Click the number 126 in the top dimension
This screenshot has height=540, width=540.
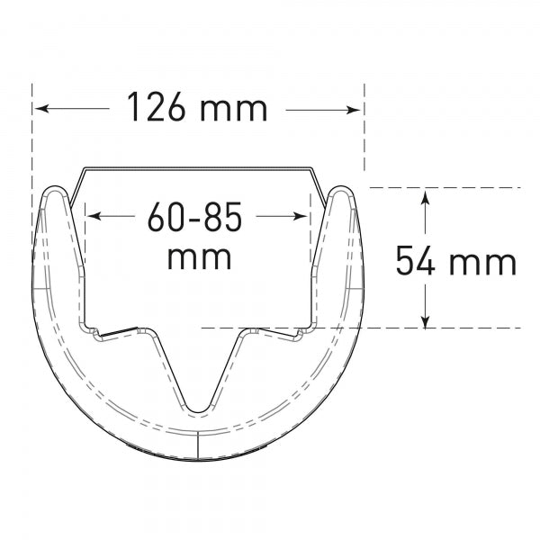tap(156, 106)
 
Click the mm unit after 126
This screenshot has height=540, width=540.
tap(233, 110)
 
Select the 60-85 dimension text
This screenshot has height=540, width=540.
tap(194, 217)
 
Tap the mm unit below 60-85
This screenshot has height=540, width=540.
tap(199, 258)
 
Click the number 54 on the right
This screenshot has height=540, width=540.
tap(415, 260)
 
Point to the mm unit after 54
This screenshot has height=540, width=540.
tap(482, 264)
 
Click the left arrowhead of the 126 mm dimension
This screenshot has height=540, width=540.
tap(41, 109)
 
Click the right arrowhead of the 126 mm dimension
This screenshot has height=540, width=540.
tap(354, 110)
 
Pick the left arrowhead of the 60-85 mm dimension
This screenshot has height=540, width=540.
tap(94, 216)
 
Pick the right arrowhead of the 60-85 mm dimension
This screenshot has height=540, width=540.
tap(300, 216)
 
